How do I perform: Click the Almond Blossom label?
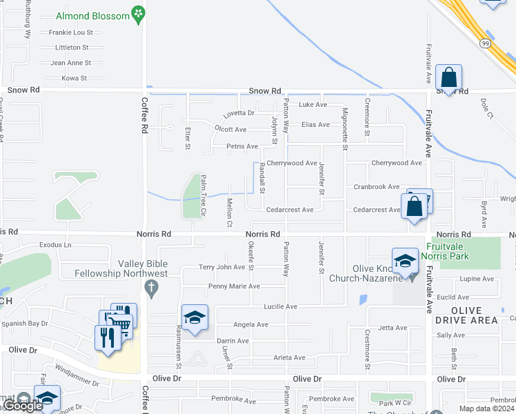coord(102,15)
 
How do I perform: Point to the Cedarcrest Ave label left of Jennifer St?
coord(290,210)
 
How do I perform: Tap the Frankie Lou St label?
coord(70,32)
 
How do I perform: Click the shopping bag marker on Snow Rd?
coord(448,78)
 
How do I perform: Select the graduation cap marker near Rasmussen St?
coord(195,317)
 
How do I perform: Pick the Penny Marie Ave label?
coord(234,286)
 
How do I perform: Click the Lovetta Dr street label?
coord(239,113)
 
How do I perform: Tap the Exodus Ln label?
coord(55,245)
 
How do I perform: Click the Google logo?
coord(22,406)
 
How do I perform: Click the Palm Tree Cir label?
coord(204,195)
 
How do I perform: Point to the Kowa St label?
coord(74,78)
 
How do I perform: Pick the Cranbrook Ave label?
coord(377,187)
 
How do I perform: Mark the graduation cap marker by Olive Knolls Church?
coord(405,260)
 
